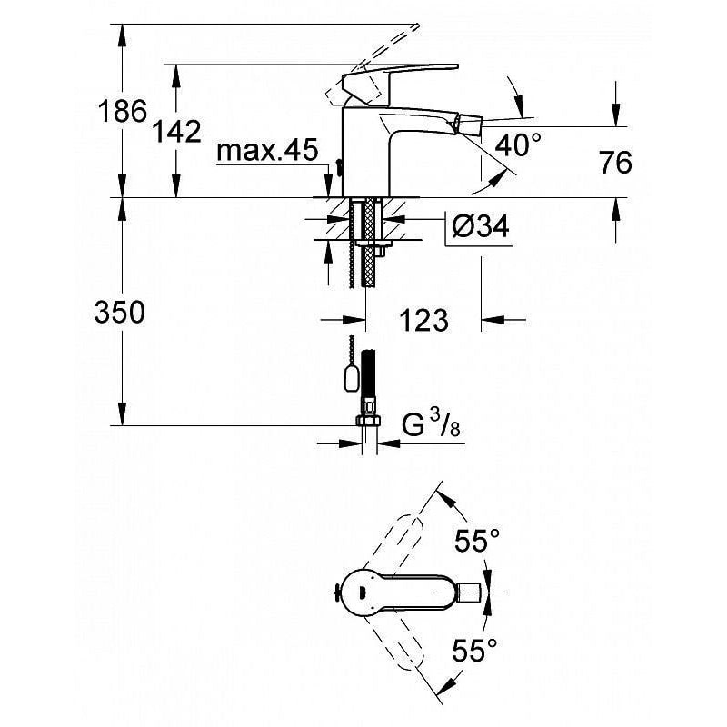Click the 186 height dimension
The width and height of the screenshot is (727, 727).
tap(123, 111)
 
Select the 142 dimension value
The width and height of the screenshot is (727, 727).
tap(177, 132)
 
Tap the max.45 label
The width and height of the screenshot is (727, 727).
tap(267, 150)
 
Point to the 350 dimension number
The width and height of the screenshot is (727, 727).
tap(120, 312)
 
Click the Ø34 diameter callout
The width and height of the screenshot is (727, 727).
tap(481, 227)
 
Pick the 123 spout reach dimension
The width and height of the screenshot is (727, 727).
tap(423, 321)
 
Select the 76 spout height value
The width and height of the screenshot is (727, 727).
tap(616, 163)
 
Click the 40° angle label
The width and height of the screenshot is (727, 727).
tap(518, 144)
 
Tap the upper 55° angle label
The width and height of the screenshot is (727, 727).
tap(477, 540)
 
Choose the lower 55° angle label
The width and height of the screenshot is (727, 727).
tap(474, 650)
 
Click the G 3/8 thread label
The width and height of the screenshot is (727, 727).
tap(431, 424)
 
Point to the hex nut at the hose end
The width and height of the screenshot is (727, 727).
tap(368, 420)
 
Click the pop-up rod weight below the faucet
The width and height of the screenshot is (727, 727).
tap(352, 377)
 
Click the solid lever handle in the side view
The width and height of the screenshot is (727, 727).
tap(400, 79)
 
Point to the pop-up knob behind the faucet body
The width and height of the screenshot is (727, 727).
tap(338, 168)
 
